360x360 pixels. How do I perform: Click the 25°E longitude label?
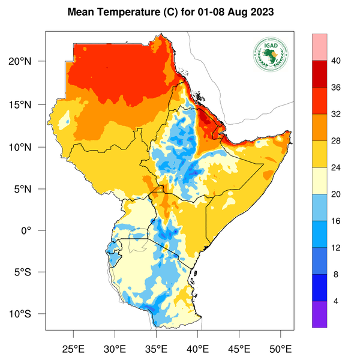click(x=74, y=348)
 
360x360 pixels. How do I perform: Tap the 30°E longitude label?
click(x=115, y=348)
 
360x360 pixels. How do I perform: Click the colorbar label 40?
click(x=337, y=61)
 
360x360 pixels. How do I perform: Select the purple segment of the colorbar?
click(x=320, y=314)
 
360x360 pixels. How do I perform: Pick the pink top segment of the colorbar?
click(x=320, y=47)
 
